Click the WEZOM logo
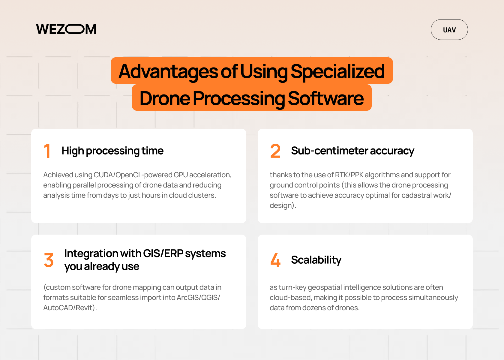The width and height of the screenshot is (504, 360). pyautogui.click(x=66, y=29)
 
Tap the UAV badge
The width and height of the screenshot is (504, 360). pyautogui.click(x=449, y=30)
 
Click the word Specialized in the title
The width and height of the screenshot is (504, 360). pyautogui.click(x=337, y=71)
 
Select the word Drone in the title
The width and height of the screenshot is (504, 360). pyautogui.click(x=165, y=98)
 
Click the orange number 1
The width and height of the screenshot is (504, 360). pyautogui.click(x=47, y=151)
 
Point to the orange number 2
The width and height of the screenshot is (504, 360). pyautogui.click(x=275, y=151)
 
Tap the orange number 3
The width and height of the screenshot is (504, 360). pyautogui.click(x=49, y=260)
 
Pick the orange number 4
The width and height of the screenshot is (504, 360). pyautogui.click(x=275, y=260)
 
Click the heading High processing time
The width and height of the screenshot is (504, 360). pyautogui.click(x=112, y=151)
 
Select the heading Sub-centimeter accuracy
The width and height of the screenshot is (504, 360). pyautogui.click(x=352, y=151)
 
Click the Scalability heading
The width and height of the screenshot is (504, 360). pyautogui.click(x=316, y=260)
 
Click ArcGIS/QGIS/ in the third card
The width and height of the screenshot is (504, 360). pyautogui.click(x=198, y=298)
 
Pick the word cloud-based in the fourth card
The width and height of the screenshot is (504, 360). pyautogui.click(x=290, y=298)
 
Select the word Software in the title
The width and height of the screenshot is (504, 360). pyautogui.click(x=326, y=98)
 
